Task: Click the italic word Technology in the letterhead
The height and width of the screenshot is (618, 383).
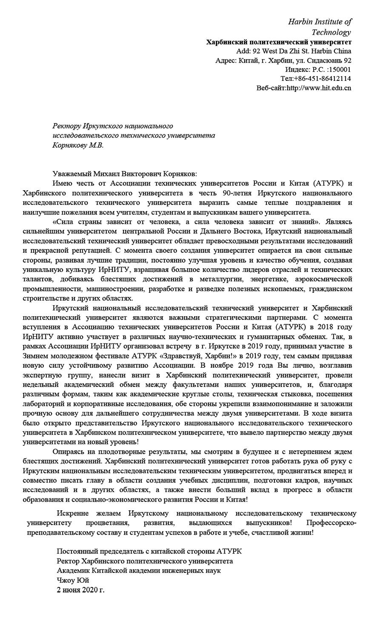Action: [x=331, y=32]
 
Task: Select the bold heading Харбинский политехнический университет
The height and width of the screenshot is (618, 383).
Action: [x=279, y=42]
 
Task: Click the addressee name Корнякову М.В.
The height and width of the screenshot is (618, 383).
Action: [x=77, y=145]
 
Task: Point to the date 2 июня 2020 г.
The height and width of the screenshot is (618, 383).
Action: [x=80, y=590]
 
